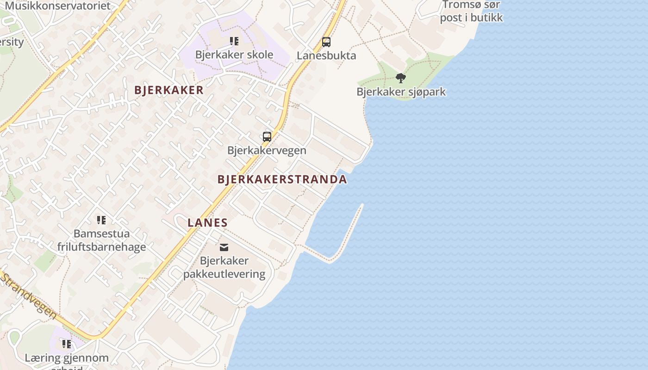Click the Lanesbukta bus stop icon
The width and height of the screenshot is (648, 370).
coord(326,42)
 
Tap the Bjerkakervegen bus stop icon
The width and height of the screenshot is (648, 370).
coord(267,137)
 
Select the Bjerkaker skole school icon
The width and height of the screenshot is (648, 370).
coord(234,41)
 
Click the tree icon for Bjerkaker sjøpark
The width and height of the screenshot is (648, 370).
coord(401,78)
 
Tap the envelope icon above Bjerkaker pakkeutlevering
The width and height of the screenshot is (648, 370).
coord(224,247)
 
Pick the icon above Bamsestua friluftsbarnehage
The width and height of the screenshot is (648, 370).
coord(101,220)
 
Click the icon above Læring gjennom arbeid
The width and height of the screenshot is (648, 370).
coord(67,344)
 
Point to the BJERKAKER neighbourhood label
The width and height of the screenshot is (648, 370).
coord(169,90)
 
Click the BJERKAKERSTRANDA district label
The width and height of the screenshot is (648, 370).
coord(282,179)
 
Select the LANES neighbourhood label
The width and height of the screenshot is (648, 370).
coord(208,222)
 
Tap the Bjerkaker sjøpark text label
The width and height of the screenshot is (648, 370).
coord(401,92)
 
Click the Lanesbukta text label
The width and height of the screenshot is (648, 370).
coord(326,55)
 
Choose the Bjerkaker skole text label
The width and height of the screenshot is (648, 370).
coord(234,55)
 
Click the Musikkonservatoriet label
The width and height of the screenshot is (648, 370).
coord(58,6)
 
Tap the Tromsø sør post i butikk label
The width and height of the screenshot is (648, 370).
coord(471,12)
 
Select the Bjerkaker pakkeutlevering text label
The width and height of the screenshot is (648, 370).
coord(224,267)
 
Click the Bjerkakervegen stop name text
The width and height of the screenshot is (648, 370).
coord(267,150)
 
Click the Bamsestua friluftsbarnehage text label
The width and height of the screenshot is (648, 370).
coord(101,240)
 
